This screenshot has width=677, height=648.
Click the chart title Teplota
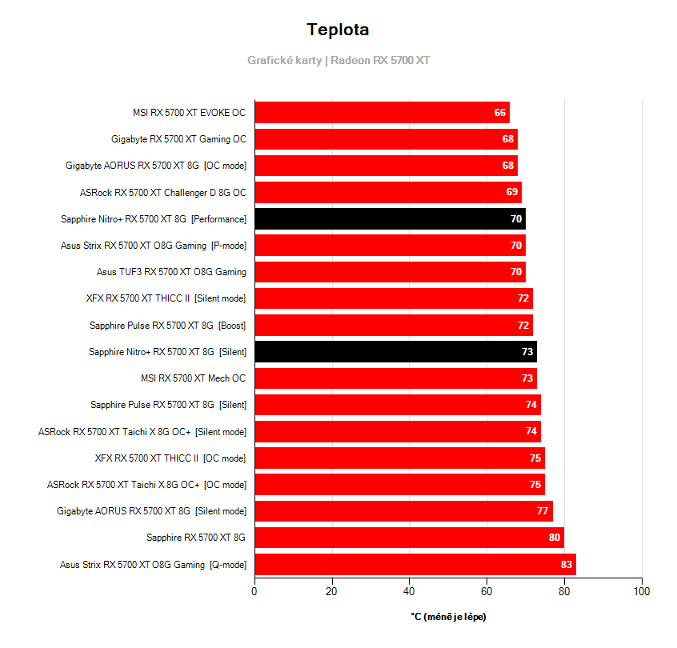(338, 30)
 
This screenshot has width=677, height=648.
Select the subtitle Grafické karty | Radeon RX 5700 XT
(338, 60)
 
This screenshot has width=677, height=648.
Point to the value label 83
(567, 564)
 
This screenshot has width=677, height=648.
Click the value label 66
(500, 113)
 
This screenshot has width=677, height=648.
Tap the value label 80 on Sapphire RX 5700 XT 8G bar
(555, 538)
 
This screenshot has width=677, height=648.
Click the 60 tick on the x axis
(487, 591)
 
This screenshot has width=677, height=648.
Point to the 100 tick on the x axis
(641, 591)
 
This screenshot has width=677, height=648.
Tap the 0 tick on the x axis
(254, 591)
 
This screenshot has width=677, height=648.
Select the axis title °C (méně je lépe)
(448, 617)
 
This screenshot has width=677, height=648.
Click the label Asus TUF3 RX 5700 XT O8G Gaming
(171, 272)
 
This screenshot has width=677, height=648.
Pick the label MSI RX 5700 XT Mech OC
(193, 378)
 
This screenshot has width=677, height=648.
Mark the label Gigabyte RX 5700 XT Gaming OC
(178, 139)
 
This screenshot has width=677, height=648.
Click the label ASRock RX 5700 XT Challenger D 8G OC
(163, 192)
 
